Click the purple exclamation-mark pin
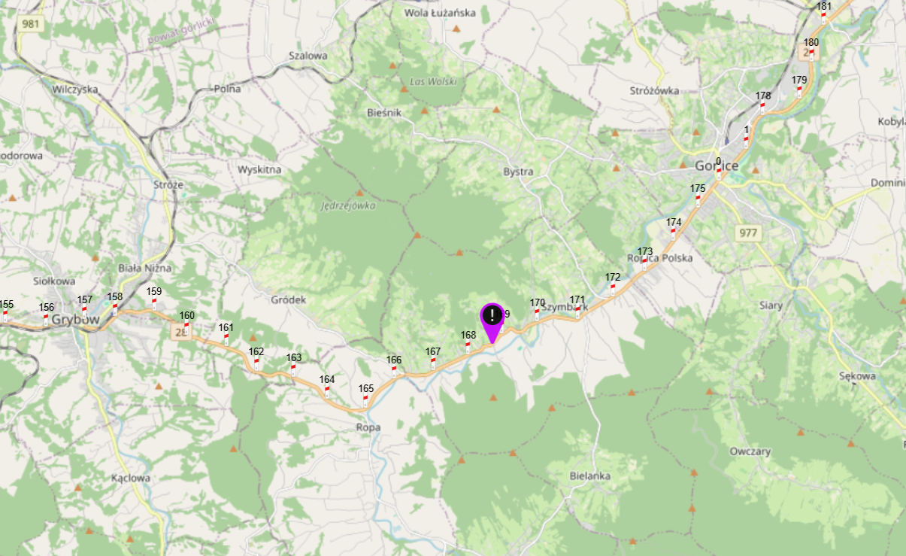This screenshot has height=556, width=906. [491, 316]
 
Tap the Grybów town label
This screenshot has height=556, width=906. [77, 319]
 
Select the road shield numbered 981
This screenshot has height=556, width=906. [31, 24]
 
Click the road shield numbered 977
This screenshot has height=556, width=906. [748, 232]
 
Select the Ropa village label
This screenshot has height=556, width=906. [368, 427]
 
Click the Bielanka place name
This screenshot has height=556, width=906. [589, 476]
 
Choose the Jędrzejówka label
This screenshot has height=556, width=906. [348, 205]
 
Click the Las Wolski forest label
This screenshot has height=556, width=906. [433, 81]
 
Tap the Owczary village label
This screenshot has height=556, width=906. [750, 451]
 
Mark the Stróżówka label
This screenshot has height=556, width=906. [654, 91]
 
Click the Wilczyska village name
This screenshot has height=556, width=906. [75, 89]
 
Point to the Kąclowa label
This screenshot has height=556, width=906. [131, 478]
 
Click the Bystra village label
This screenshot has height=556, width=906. [518, 172]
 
